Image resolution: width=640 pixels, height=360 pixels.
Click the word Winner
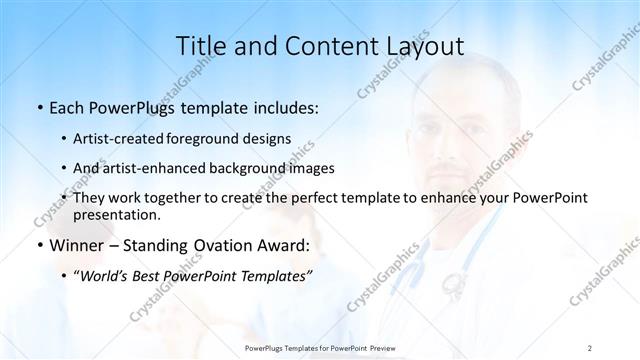point(78,245)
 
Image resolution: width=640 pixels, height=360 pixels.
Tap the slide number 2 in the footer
point(590,347)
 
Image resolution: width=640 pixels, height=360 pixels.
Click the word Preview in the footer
point(379,347)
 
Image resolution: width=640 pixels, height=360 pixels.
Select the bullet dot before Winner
point(39,246)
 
